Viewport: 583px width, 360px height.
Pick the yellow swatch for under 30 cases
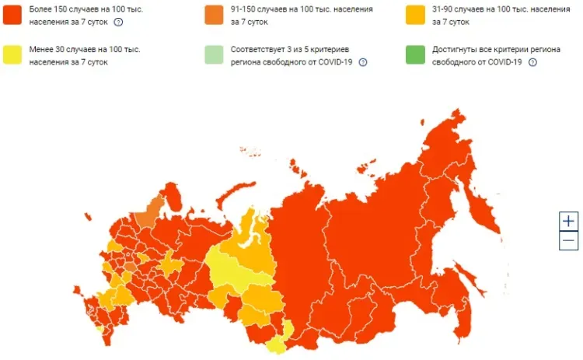point(13,55)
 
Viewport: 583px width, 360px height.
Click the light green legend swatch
point(215,55)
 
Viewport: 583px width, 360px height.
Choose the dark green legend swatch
point(416,55)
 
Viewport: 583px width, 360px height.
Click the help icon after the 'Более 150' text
point(118,23)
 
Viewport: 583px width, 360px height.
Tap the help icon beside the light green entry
point(363,62)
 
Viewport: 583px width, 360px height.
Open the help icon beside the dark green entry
point(532,62)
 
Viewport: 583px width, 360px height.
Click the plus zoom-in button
point(569,221)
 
